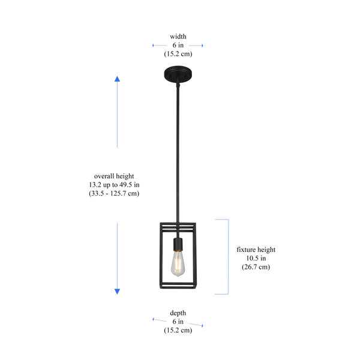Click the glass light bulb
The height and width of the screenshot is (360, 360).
178,264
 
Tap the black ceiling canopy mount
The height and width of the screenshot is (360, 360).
178,74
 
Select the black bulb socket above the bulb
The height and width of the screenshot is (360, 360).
178,245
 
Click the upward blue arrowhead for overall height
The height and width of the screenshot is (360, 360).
118,79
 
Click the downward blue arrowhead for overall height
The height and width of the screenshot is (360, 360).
118,292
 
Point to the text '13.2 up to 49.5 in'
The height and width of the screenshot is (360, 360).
114,185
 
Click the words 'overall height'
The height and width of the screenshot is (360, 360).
114,176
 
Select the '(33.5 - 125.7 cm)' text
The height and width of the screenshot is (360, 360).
114,193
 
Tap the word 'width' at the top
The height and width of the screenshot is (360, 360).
178,37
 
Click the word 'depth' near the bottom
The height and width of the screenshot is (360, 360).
178,313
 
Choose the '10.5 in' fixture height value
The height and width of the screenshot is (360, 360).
256,258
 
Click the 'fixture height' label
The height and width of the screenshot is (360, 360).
256,250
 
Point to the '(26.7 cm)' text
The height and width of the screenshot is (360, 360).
256,267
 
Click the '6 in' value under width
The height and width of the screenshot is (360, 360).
178,45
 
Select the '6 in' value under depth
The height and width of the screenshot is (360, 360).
178,322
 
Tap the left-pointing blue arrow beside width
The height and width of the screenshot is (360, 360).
160,46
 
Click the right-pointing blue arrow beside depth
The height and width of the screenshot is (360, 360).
196,325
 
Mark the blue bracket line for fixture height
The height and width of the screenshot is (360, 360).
229,257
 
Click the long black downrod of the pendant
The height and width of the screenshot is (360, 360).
178,151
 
